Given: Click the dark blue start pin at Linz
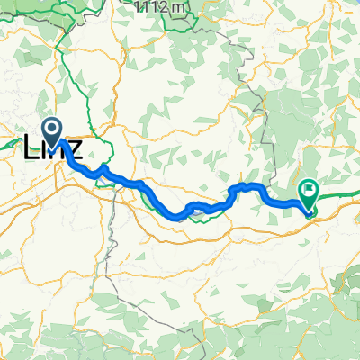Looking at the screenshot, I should tap(51, 133).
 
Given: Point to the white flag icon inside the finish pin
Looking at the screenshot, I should tap(310, 190).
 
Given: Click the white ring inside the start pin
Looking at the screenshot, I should tap(51, 131).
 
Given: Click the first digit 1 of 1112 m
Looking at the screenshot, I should tap(138, 7).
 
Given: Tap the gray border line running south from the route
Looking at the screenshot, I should tap(112, 243).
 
